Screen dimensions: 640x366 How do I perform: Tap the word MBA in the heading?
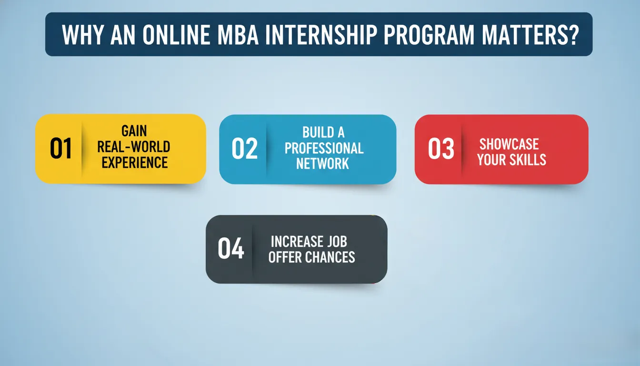(x=238, y=35)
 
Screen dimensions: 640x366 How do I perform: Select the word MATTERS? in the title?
(x=530, y=35)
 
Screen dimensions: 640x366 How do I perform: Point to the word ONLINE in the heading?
(x=176, y=35)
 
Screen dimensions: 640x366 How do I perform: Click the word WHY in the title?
(x=82, y=35)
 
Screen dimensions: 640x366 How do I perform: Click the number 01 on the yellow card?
(x=60, y=148)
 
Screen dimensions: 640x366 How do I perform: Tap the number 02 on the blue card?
(x=245, y=148)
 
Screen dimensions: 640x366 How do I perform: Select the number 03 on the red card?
(x=441, y=148)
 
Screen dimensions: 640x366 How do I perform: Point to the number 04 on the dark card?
(x=231, y=248)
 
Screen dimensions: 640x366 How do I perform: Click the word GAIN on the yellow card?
(x=134, y=131)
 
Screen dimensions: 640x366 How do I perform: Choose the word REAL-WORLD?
(x=134, y=147)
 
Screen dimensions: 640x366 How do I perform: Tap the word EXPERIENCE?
(x=135, y=163)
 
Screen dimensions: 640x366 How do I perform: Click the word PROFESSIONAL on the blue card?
(x=324, y=148)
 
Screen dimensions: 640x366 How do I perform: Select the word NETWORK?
(x=322, y=163)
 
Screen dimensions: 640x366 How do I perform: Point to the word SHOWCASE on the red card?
(x=509, y=144)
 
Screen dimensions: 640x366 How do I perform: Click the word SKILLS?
(x=528, y=160)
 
